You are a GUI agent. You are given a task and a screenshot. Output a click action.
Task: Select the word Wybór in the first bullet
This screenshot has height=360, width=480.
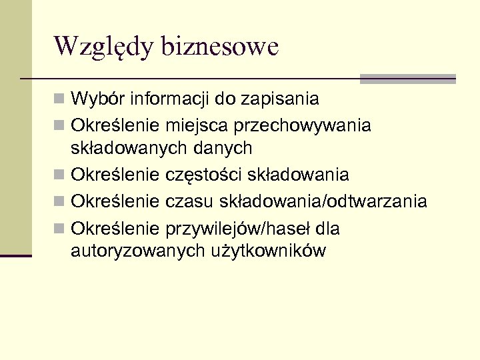click(98, 99)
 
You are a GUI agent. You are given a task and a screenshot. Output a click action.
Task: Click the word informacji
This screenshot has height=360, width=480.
click(171, 99)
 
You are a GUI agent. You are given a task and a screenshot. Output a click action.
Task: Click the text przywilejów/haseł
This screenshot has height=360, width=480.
click(236, 229)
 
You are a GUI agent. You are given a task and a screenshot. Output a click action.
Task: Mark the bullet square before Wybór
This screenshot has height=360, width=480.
click(60, 100)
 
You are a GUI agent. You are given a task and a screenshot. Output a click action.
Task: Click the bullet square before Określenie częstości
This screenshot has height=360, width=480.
click(60, 175)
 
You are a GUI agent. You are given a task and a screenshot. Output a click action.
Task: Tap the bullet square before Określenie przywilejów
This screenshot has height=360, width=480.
click(60, 229)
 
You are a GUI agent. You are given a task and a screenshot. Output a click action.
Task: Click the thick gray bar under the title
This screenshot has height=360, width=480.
click(407, 79)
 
